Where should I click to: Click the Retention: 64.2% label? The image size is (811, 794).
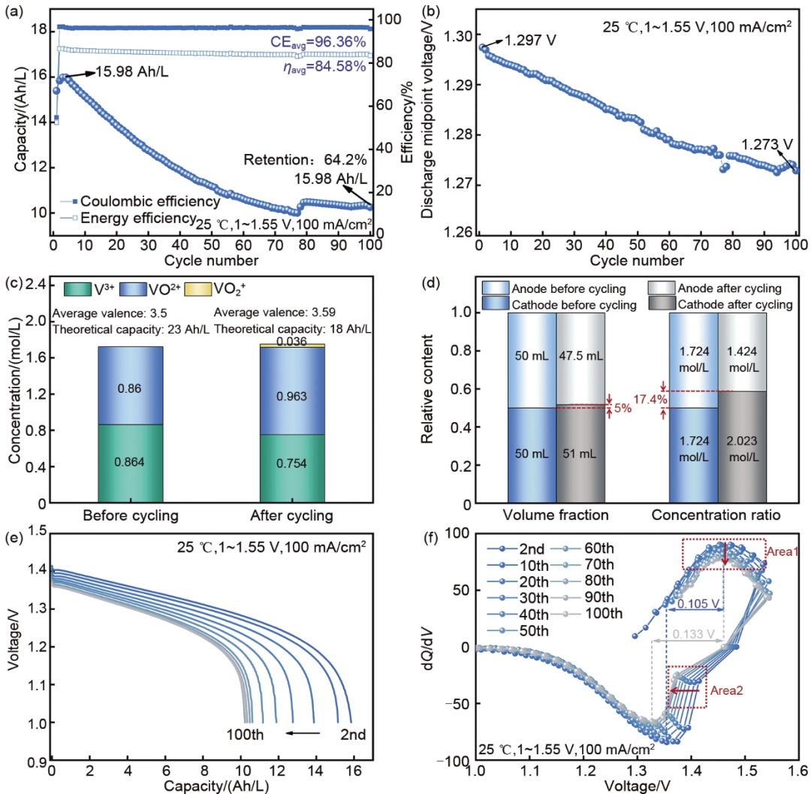[x=304, y=159]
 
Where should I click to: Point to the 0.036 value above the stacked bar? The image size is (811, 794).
[x=292, y=340]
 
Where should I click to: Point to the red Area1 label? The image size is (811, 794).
[x=782, y=551]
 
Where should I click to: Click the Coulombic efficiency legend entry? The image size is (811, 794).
[x=149, y=201]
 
